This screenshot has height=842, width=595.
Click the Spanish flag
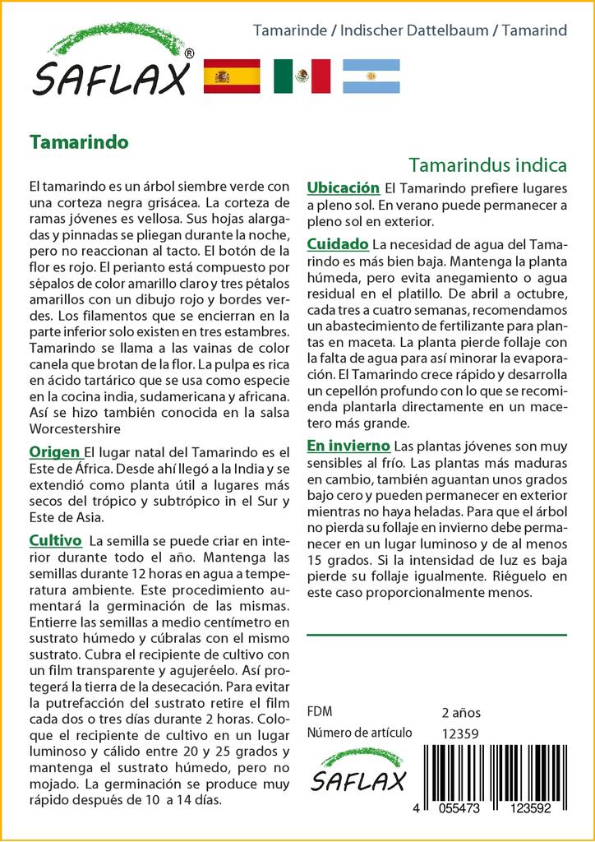click(231, 76)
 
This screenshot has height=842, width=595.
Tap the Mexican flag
click(302, 76)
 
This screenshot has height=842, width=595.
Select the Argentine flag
click(371, 76)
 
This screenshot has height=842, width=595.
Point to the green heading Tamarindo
click(78, 141)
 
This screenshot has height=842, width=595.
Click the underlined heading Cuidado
click(337, 244)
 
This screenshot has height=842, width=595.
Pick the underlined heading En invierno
click(348, 446)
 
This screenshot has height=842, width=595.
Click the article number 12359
click(460, 733)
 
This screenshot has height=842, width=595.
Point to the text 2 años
click(461, 712)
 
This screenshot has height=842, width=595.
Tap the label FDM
click(319, 712)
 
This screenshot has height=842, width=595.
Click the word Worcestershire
click(76, 428)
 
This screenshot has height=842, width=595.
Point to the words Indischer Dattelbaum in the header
click(413, 31)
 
